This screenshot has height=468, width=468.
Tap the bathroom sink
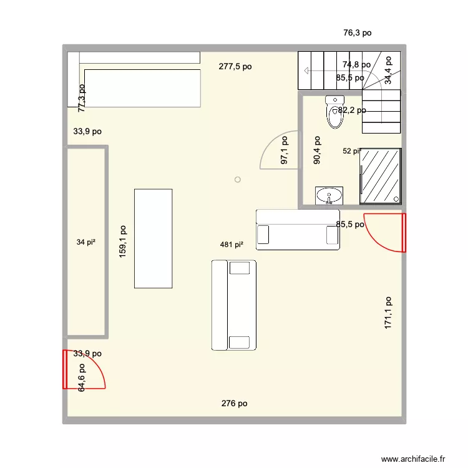click(x=329, y=196)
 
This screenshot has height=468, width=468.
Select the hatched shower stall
click(x=380, y=175)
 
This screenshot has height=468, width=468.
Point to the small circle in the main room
click(x=237, y=180)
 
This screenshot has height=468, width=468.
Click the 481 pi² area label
click(x=231, y=245)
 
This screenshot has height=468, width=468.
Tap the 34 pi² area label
click(x=85, y=242)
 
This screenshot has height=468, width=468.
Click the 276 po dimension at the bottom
click(x=234, y=404)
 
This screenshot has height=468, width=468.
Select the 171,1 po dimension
click(x=388, y=313)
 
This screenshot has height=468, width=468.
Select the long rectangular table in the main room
click(x=153, y=238)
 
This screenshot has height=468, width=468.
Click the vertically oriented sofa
click(x=234, y=305)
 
